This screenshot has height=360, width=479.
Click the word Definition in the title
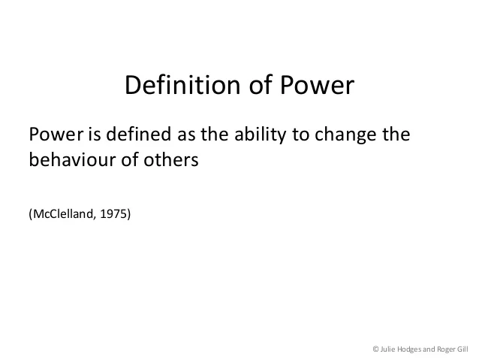click(x=182, y=85)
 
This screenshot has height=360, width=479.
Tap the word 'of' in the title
click(x=261, y=84)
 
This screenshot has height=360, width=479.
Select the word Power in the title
click(x=317, y=85)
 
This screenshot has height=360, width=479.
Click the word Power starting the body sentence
click(x=56, y=134)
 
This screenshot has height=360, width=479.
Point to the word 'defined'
click(x=138, y=134)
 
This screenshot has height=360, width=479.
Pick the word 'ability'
click(x=261, y=135)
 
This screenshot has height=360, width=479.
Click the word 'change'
click(x=345, y=135)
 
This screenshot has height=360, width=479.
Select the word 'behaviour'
click(x=72, y=159)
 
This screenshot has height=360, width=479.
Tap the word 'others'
click(x=171, y=159)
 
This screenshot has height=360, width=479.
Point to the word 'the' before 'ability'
click(x=214, y=134)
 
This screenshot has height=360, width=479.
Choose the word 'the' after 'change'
click(x=396, y=134)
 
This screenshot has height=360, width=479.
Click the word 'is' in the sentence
click(x=95, y=134)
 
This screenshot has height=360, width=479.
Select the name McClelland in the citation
click(x=63, y=213)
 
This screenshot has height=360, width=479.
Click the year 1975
click(x=113, y=213)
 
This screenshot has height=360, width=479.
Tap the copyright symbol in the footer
click(x=375, y=349)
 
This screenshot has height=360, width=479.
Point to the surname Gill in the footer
click(x=462, y=349)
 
